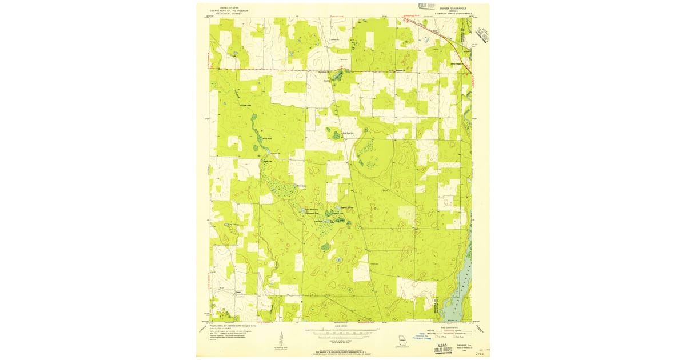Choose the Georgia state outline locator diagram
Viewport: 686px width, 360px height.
click(x=404, y=341)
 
